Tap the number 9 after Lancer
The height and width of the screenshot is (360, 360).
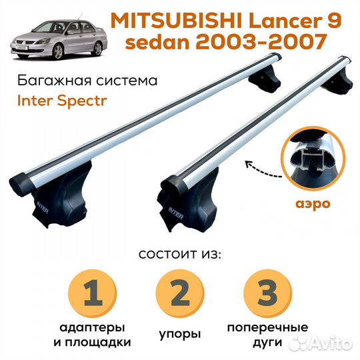point(333,20)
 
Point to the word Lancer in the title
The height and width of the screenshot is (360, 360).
point(291,20)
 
